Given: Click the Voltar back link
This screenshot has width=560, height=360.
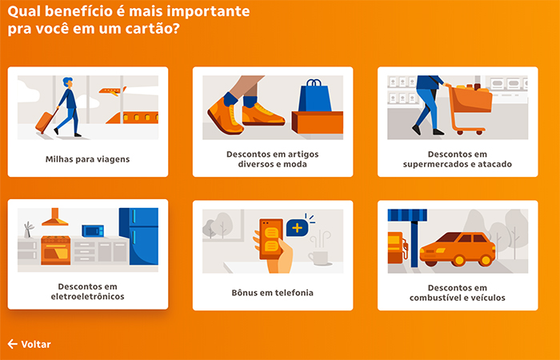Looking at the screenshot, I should coord(30,344).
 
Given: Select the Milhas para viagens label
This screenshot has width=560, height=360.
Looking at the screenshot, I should coord(87,158).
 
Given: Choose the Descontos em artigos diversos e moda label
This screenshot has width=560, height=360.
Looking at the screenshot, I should coord(272,158).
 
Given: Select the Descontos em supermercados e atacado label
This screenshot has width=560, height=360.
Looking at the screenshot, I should coord(457,158).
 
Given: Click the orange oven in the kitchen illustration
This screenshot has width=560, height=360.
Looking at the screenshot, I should coord(55,250).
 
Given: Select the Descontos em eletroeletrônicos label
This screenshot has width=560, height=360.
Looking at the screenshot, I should coord(87,291).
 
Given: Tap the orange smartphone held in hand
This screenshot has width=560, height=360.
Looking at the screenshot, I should coord(271,235).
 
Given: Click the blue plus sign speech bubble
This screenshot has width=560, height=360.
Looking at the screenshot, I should coord(298,227).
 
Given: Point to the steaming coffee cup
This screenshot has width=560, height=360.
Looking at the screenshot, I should coord(318,254).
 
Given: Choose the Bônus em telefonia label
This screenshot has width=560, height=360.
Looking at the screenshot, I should coord(272,293).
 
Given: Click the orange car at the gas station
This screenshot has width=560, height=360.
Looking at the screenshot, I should coord(458,249).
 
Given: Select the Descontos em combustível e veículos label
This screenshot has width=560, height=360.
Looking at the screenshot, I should coord(457,292).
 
